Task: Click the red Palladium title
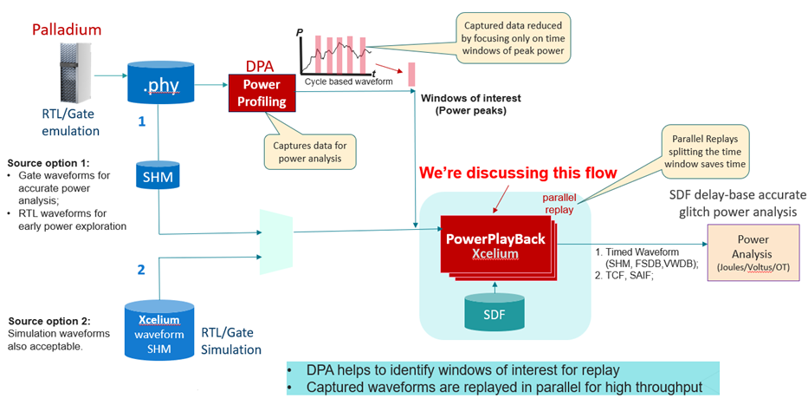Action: point(67,30)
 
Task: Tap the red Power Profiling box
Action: point(262,93)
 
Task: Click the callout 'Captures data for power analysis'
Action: point(308,149)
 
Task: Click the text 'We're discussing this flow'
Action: point(518,173)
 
